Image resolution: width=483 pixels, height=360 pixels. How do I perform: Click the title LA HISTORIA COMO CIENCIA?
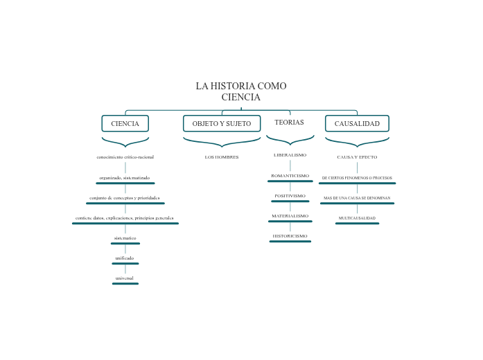(x=240, y=91)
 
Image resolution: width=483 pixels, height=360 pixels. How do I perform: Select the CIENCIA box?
(x=125, y=123)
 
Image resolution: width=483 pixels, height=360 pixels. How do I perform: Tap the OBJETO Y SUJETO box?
(x=222, y=123)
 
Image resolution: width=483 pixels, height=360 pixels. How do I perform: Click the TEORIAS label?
(x=289, y=123)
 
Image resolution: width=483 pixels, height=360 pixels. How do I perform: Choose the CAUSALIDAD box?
(x=357, y=123)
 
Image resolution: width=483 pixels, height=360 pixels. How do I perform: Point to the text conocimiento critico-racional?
(x=125, y=157)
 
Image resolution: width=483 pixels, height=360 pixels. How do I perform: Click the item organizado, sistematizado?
(x=125, y=178)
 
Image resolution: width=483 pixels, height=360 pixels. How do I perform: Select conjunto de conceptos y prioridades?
(x=125, y=198)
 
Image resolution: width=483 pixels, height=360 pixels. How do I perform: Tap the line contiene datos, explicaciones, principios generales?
(x=125, y=218)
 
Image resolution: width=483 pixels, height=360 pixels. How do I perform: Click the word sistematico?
(x=125, y=238)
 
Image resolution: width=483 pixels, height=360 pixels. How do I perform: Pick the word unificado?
(x=125, y=258)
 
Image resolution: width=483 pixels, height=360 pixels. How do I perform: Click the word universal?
(x=125, y=278)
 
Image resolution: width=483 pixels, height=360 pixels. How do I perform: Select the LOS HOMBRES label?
(x=222, y=157)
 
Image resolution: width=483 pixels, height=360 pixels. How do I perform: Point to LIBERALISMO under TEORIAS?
(x=290, y=155)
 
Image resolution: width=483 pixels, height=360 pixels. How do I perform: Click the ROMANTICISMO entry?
(x=290, y=176)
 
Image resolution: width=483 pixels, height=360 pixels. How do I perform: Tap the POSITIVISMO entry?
(x=290, y=196)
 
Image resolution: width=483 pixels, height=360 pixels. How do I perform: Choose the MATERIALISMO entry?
(x=290, y=216)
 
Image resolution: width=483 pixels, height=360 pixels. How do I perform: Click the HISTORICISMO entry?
(x=290, y=236)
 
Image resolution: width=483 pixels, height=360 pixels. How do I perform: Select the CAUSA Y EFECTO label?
(x=357, y=157)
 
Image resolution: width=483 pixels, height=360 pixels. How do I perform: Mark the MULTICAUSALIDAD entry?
(x=357, y=218)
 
